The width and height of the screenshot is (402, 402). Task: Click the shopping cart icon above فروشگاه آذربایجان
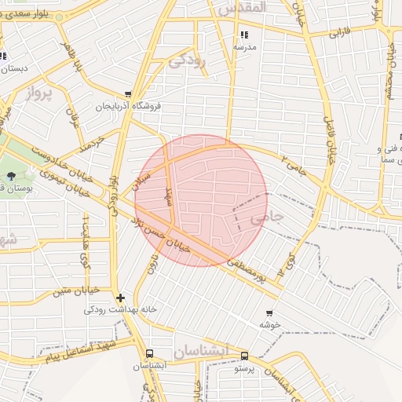pos(128,94)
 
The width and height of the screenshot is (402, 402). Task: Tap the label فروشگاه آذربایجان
pos(128,106)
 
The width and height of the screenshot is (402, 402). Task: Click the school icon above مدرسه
pos(243,35)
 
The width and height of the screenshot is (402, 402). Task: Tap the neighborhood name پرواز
pos(38,95)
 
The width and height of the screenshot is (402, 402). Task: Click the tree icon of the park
pos(11,175)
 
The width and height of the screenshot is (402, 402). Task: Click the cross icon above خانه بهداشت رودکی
pos(119,298)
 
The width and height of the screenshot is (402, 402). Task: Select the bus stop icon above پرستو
pos(244,356)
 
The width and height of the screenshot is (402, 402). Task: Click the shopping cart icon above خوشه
pos(269,312)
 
